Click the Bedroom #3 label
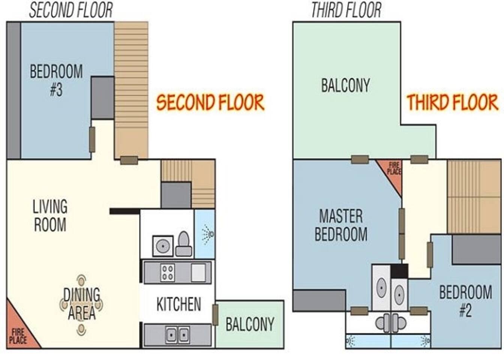56,80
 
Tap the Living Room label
50,215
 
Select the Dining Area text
81,304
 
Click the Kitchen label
178,304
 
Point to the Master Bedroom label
341,225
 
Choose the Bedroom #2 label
465,301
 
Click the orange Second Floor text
210,102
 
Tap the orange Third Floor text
453,102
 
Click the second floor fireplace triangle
19,330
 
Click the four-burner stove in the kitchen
167,273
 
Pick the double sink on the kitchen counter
177,335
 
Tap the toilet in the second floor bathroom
184,244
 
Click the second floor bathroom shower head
208,234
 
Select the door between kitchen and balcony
215,315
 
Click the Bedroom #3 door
92,139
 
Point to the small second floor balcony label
250,324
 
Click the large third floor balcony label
346,85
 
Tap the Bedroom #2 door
430,255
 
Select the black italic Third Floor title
346,10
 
